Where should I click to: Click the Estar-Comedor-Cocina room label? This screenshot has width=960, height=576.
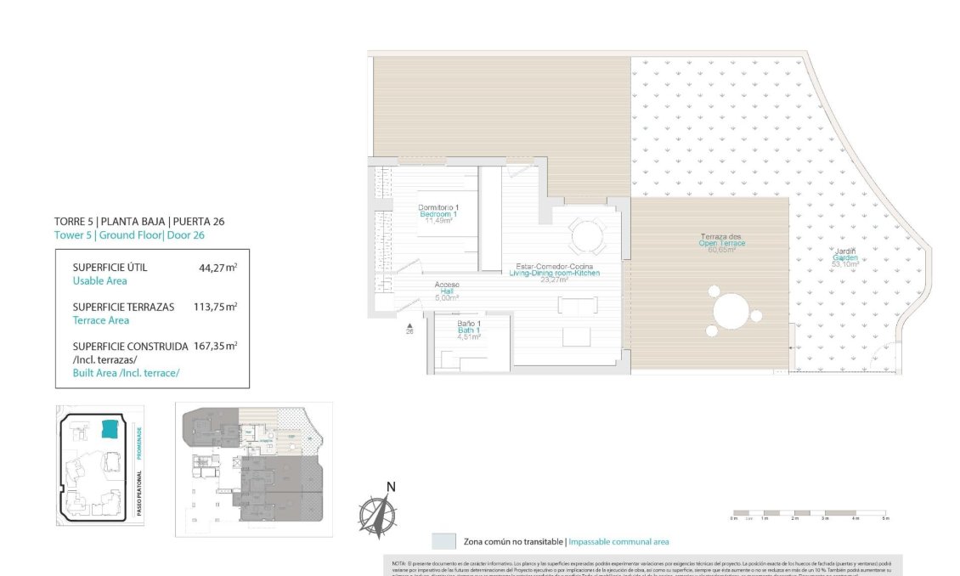554,272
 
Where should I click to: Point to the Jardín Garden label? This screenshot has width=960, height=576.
844,257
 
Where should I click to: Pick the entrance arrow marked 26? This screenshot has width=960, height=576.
409,326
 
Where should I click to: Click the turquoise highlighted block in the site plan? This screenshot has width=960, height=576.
110,428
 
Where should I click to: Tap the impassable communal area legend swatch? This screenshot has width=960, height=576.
443,541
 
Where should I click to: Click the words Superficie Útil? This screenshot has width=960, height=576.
110,267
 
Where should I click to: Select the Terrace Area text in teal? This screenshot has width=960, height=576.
101,320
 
